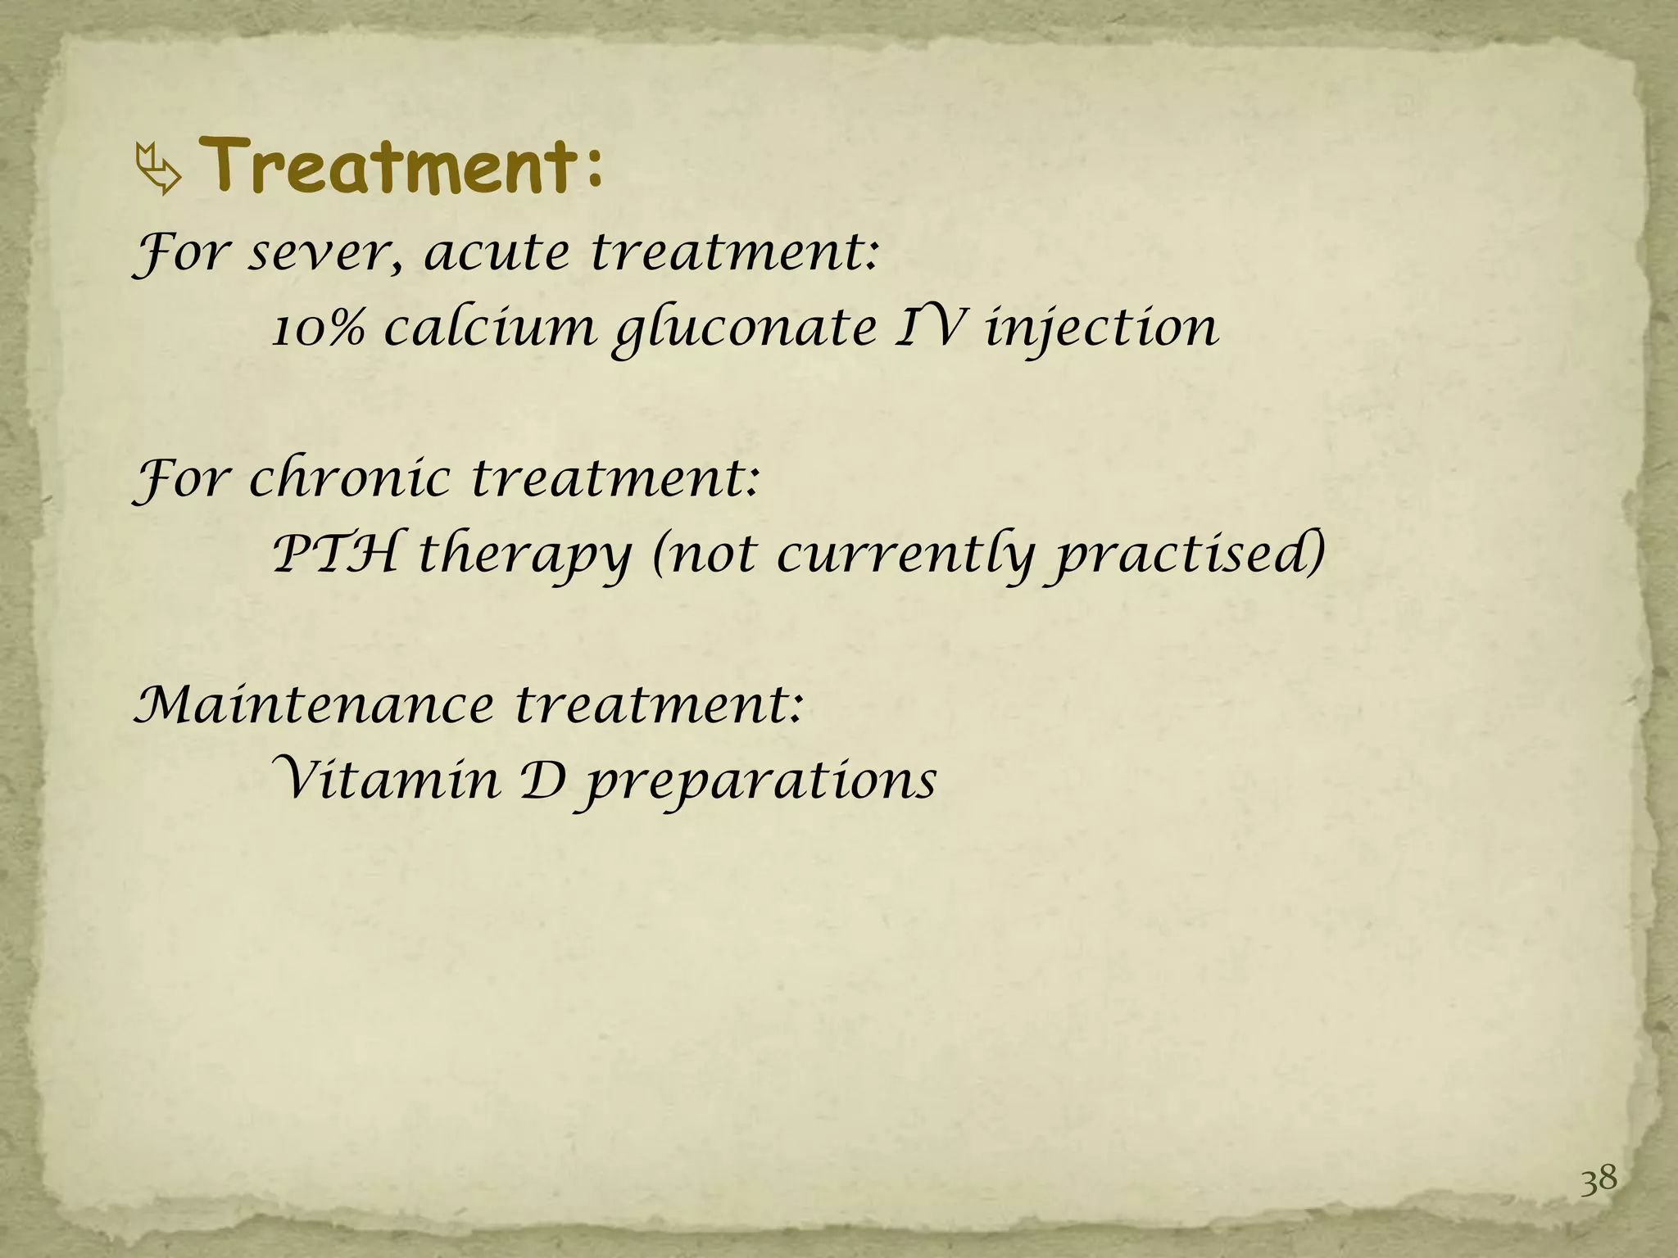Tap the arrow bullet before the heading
157,170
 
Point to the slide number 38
1598,1180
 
